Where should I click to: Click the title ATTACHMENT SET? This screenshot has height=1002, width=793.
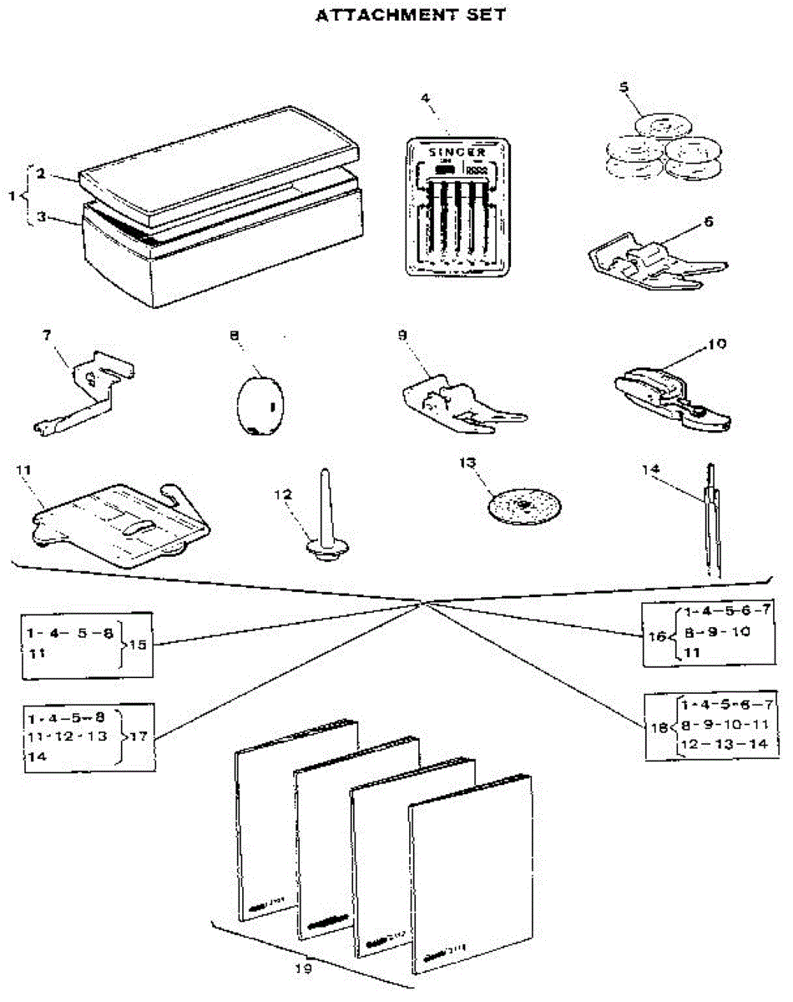pos(410,15)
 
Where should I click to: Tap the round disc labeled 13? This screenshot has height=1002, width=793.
pos(524,505)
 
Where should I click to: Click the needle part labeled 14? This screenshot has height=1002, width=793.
pos(712,522)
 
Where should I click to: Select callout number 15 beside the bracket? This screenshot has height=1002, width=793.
pos(136,645)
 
